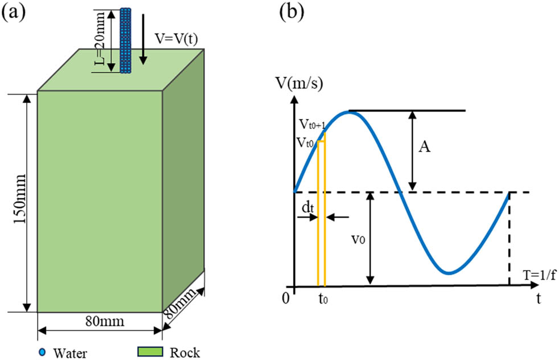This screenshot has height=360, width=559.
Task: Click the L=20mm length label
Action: tap(101, 40)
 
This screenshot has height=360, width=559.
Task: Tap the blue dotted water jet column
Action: tap(126, 40)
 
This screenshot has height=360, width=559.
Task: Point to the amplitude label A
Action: tap(424, 148)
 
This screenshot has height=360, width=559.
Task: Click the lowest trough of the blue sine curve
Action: tap(450, 273)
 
